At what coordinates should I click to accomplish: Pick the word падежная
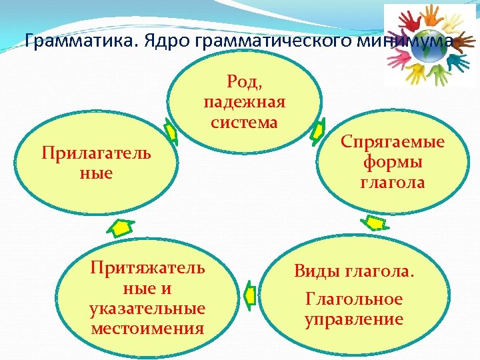click(244, 102)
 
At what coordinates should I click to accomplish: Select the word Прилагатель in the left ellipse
click(96, 153)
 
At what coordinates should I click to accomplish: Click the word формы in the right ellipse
click(393, 161)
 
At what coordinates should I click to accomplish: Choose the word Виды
click(319, 271)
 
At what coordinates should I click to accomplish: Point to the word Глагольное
click(354, 299)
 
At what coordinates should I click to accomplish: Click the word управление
click(354, 319)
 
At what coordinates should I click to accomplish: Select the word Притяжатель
click(147, 268)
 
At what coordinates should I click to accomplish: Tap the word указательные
click(147, 309)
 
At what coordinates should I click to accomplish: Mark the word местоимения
click(147, 328)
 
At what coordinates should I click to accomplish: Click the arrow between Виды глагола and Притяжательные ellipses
click(250, 293)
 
